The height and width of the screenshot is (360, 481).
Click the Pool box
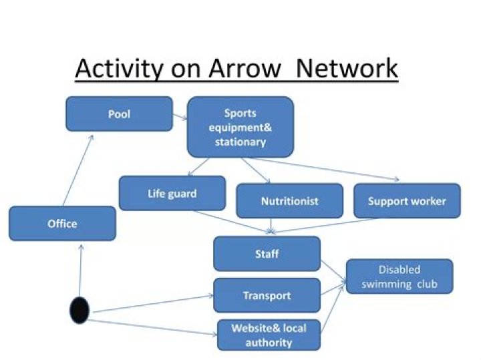coord(119,114)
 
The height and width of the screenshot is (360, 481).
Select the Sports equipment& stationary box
coord(240,126)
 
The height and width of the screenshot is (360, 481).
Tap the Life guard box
coord(172,193)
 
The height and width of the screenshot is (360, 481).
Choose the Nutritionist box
coord(289,200)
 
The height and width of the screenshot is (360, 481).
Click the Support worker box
coord(406,200)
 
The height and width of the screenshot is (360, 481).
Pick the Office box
coord(62,223)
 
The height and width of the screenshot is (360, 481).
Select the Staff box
coord(267,254)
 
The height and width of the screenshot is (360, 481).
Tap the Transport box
coord(267,295)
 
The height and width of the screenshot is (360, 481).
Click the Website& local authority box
coord(269,335)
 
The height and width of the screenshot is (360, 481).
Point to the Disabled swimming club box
coord(399,276)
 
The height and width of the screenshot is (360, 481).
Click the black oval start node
coord(79,310)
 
